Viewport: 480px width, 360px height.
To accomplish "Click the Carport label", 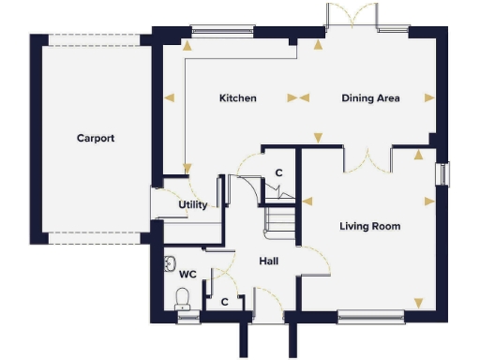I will click(96, 138).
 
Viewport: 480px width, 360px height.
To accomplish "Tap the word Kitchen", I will click(238, 98).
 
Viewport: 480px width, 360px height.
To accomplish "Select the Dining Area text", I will click(370, 98).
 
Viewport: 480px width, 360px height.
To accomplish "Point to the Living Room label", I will click(369, 226).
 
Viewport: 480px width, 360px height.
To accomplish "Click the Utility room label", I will click(193, 205).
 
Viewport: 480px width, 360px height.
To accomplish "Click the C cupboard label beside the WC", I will click(225, 302).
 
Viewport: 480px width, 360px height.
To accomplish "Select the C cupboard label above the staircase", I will click(277, 173).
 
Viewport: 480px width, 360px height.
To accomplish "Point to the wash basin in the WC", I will click(170, 262).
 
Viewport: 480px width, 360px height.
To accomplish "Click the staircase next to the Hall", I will click(280, 221).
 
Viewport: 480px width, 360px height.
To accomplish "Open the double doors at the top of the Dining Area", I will click(353, 17).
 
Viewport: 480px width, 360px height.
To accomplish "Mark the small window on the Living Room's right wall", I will click(443, 175).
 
